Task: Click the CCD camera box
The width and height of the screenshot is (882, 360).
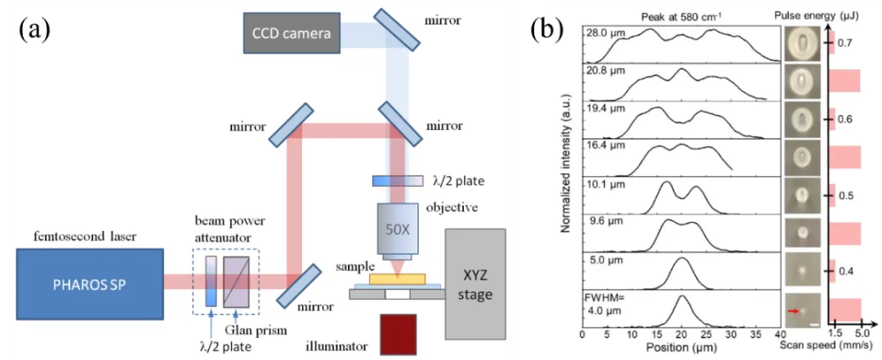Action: [292, 33]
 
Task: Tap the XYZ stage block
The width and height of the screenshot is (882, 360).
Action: [475, 283]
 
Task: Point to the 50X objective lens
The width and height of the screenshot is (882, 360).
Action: [398, 232]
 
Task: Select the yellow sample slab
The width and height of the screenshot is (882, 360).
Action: [397, 279]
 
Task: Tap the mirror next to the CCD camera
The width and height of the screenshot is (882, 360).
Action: [396, 33]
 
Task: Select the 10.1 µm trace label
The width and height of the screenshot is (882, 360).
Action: [604, 184]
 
